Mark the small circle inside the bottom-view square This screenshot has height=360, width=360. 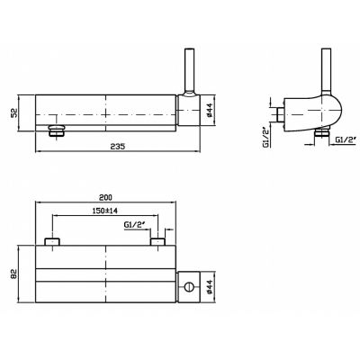coord(189,287)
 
